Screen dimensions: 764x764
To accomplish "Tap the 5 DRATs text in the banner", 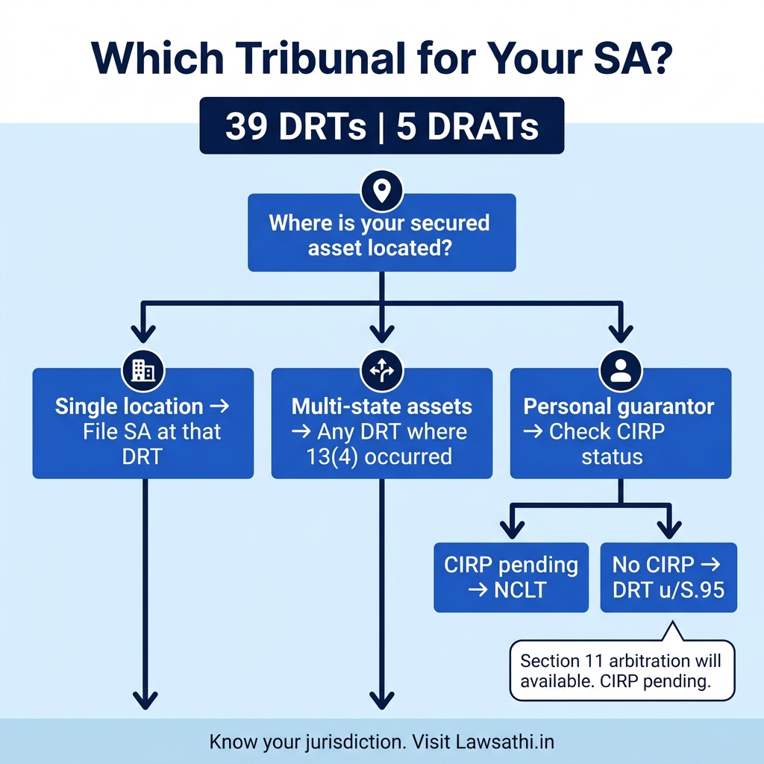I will coord(468,127).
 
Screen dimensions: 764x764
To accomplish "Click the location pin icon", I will coord(382,192).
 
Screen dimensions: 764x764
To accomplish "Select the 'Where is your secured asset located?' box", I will coord(382,234).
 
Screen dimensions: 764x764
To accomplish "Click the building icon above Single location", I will coord(143,370).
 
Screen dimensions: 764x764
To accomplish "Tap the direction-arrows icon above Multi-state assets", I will coord(381,370).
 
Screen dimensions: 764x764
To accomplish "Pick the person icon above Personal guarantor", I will coord(620,370).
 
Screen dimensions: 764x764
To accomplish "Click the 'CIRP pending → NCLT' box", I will coord(511,577).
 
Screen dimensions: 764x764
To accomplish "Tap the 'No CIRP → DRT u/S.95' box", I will coord(668,577).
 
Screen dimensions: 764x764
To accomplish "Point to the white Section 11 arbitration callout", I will coord(621,671).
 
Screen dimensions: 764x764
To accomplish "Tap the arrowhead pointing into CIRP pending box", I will coord(511,530).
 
